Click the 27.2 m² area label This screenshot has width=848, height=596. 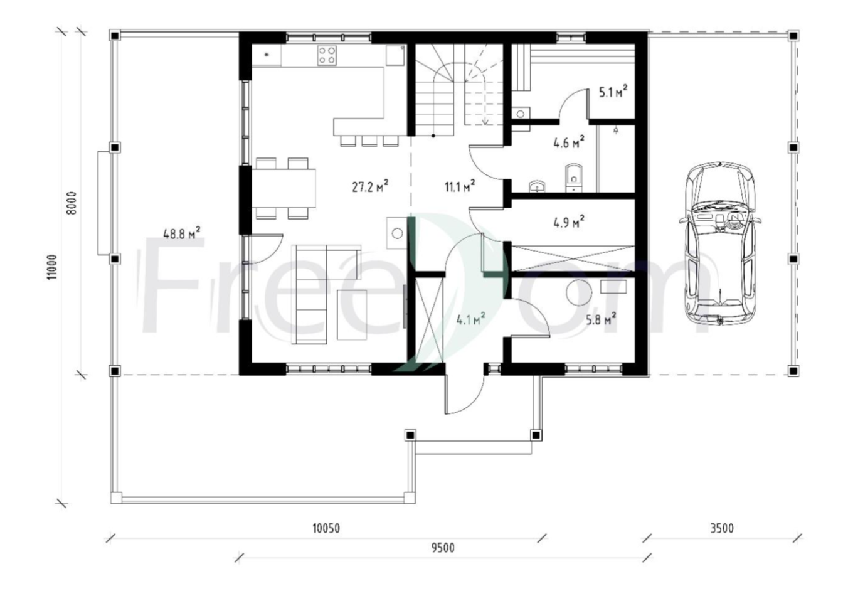point(370,186)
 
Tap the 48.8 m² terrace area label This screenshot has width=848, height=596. point(182,233)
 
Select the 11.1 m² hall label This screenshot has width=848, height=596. point(460,186)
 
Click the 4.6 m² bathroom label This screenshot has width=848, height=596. point(569,143)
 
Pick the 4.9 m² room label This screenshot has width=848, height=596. point(569,222)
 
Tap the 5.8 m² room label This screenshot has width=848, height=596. point(601,319)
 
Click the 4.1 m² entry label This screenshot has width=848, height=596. point(470,320)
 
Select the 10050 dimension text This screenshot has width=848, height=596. point(326,528)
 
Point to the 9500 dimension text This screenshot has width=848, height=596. point(443,548)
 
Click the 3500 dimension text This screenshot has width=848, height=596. point(721,528)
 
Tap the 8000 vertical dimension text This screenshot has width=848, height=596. point(72,203)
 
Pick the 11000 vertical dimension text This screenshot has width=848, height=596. point(52,267)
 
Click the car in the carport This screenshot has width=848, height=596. point(719,244)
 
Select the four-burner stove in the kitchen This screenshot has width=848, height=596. point(327,56)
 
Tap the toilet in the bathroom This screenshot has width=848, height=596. point(574,178)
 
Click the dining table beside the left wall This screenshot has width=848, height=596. point(284,188)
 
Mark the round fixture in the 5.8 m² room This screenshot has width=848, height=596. point(578,293)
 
